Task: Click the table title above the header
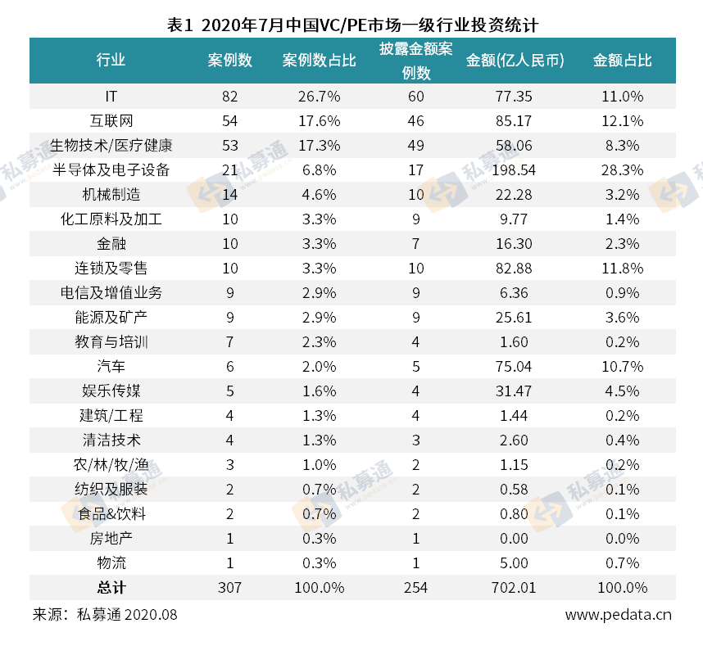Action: (351, 23)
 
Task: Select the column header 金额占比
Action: (623, 61)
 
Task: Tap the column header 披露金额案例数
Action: (415, 61)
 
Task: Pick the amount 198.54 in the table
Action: (514, 170)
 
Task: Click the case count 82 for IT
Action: (229, 97)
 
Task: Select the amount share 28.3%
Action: (623, 170)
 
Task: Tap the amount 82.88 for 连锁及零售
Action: (514, 269)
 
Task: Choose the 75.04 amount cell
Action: (514, 367)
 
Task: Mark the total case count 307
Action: (229, 588)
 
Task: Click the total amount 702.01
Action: (514, 588)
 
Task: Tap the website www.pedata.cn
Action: (619, 615)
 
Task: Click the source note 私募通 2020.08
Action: (126, 615)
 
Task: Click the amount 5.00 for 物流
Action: (514, 563)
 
